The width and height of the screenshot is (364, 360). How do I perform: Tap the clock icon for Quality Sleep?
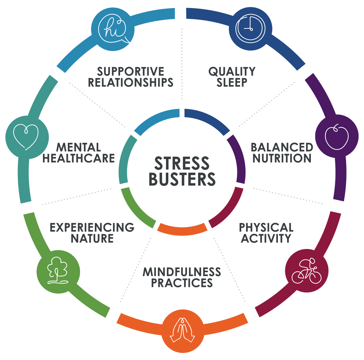coord(250,29)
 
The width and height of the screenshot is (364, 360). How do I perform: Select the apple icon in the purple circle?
coord(336,137)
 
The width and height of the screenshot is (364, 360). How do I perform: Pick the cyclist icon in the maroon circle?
coord(307,271)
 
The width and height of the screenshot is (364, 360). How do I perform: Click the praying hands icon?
coord(182,330)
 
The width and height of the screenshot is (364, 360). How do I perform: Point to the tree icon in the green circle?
coord(58,270)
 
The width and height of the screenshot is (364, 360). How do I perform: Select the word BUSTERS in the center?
coord(182,179)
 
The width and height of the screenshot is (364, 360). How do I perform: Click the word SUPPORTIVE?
coord(131,71)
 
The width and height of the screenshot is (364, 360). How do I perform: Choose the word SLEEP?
coord(232,82)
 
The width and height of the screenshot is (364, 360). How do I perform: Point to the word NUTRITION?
coord(282,159)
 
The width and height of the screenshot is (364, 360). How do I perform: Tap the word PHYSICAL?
coord(266,227)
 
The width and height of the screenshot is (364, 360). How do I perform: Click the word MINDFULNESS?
coord(182,272)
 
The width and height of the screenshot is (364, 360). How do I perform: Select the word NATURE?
coord(92,239)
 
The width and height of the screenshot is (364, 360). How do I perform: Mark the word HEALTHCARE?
coord(78,159)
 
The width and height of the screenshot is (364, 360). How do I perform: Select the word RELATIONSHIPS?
coord(131,82)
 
